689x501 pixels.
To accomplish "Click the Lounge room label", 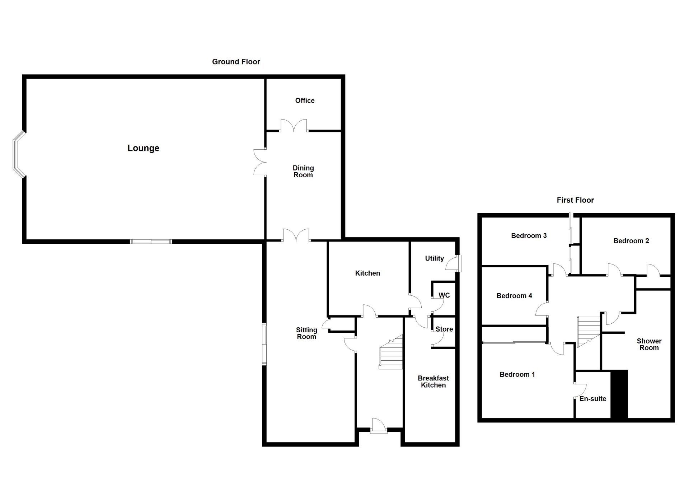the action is (x=143, y=148).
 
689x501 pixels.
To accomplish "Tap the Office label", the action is (x=305, y=101).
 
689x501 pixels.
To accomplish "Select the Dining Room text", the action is (x=303, y=172).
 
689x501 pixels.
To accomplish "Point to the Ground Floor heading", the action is (x=236, y=62).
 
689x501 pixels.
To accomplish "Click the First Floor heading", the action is (x=575, y=200).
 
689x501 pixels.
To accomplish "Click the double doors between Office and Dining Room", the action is (x=294, y=125).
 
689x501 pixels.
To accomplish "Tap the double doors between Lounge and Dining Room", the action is (x=260, y=162).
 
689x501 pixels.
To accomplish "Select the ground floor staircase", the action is (x=391, y=352).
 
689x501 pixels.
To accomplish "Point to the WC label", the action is (x=444, y=295).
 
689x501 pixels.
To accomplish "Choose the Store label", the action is (x=444, y=329).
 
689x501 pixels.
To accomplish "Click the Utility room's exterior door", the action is (x=454, y=263).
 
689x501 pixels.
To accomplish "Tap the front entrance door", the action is (x=379, y=426).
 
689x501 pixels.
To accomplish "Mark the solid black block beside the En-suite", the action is (x=619, y=394).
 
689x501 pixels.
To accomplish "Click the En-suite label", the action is (x=593, y=399).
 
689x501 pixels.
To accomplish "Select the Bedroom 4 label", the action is (x=514, y=296).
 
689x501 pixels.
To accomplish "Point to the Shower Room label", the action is (x=649, y=344).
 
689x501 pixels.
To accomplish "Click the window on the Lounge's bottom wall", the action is (x=151, y=242).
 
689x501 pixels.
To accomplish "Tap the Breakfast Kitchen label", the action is (x=433, y=381).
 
